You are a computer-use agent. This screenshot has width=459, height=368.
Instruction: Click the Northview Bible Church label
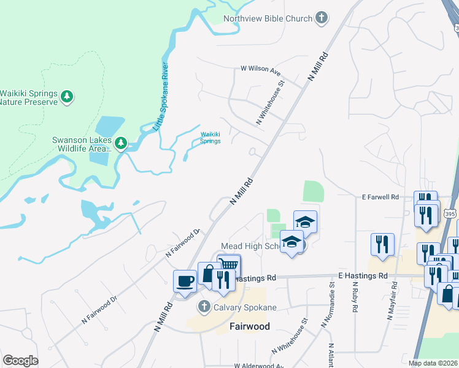click(x=268, y=18)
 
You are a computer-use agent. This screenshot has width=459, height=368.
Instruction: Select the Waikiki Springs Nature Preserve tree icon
click(x=67, y=96)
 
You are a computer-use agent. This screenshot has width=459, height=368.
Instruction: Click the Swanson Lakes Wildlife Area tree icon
click(x=121, y=144)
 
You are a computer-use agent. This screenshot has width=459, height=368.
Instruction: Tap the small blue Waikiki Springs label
click(x=210, y=137)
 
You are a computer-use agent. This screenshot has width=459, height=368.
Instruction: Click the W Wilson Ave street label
click(x=260, y=69)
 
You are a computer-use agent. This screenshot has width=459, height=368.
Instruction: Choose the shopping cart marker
click(x=228, y=266)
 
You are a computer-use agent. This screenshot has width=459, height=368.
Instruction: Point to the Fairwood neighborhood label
click(x=249, y=326)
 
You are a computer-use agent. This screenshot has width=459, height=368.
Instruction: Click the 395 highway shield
click(x=449, y=213)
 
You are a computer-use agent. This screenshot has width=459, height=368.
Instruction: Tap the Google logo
click(x=21, y=361)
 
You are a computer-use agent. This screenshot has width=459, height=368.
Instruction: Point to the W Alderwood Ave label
click(x=258, y=366)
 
